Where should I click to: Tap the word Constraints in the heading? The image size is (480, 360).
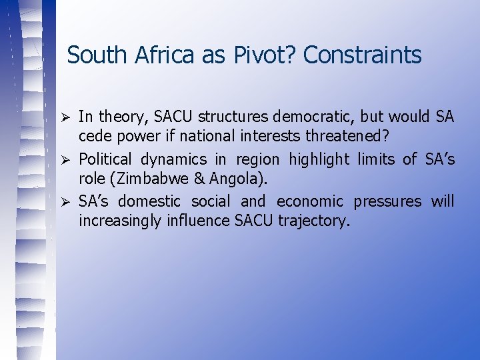362,55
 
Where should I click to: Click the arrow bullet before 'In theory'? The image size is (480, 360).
65,117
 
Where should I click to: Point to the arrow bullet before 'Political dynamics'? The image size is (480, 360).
65,159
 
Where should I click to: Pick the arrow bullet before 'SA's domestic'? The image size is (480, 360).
65,201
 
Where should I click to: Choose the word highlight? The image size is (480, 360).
319,159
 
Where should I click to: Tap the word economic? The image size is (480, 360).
309,201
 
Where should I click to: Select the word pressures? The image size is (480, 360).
388,201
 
